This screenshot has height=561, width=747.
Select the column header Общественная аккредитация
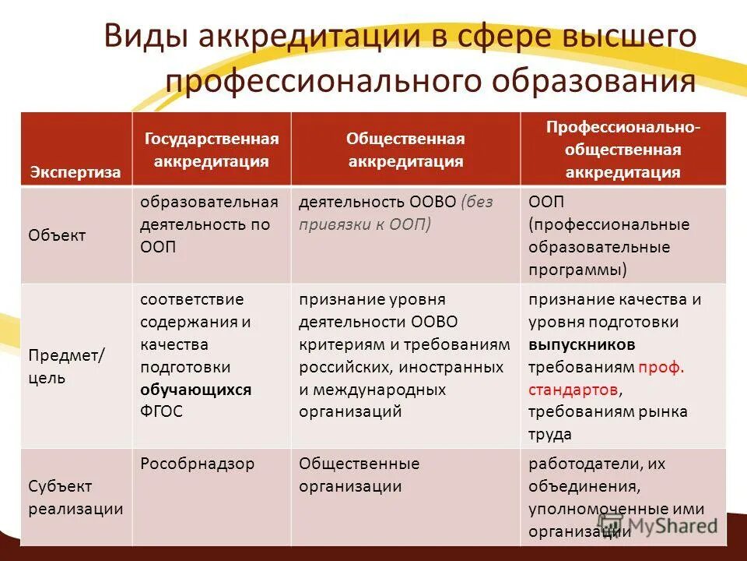405,150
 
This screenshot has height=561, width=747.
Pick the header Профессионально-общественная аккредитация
623,150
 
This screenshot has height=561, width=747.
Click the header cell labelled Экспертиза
75,172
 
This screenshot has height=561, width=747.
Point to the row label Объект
58,235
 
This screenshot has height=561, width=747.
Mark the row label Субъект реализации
75,497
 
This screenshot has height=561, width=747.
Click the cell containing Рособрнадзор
197,464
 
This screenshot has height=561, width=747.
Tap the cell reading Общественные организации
359,475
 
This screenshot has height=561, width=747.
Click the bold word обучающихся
195,390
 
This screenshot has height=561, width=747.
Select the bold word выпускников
581,344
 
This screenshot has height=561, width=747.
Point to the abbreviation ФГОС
162,411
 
